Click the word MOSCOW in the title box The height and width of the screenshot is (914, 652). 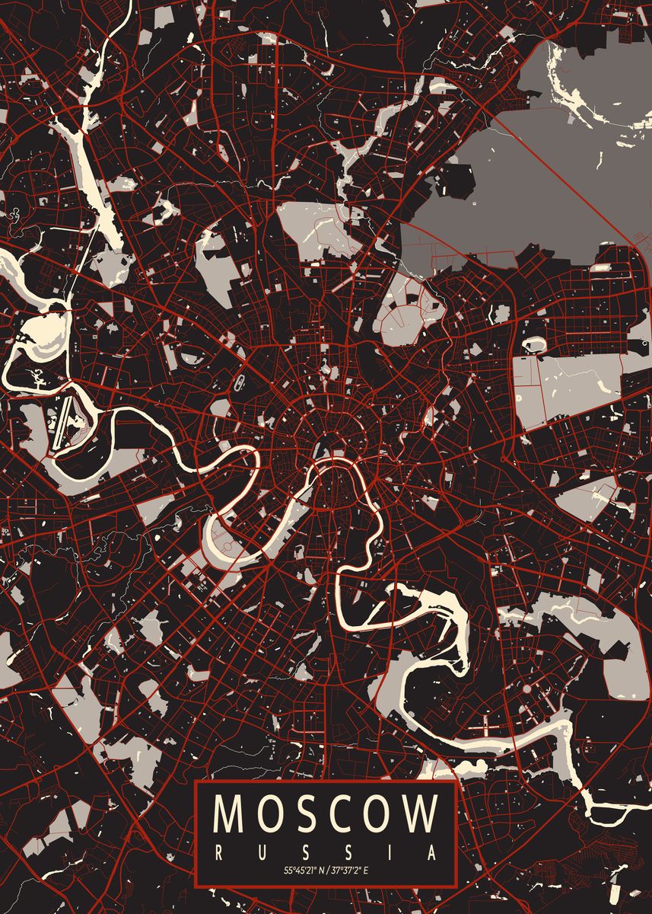[x=326, y=813]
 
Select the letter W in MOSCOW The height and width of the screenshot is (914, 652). [x=420, y=813]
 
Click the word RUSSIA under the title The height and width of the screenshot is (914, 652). [x=326, y=851]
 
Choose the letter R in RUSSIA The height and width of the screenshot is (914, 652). [x=219, y=851]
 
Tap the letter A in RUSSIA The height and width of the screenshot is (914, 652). [x=434, y=851]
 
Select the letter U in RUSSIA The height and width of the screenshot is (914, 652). [x=262, y=851]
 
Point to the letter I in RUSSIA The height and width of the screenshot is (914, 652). [x=391, y=851]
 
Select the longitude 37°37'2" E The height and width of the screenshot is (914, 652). [x=353, y=870]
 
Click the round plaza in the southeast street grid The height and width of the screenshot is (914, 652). [x=526, y=689]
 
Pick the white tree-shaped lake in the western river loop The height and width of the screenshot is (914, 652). [x=37, y=376]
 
